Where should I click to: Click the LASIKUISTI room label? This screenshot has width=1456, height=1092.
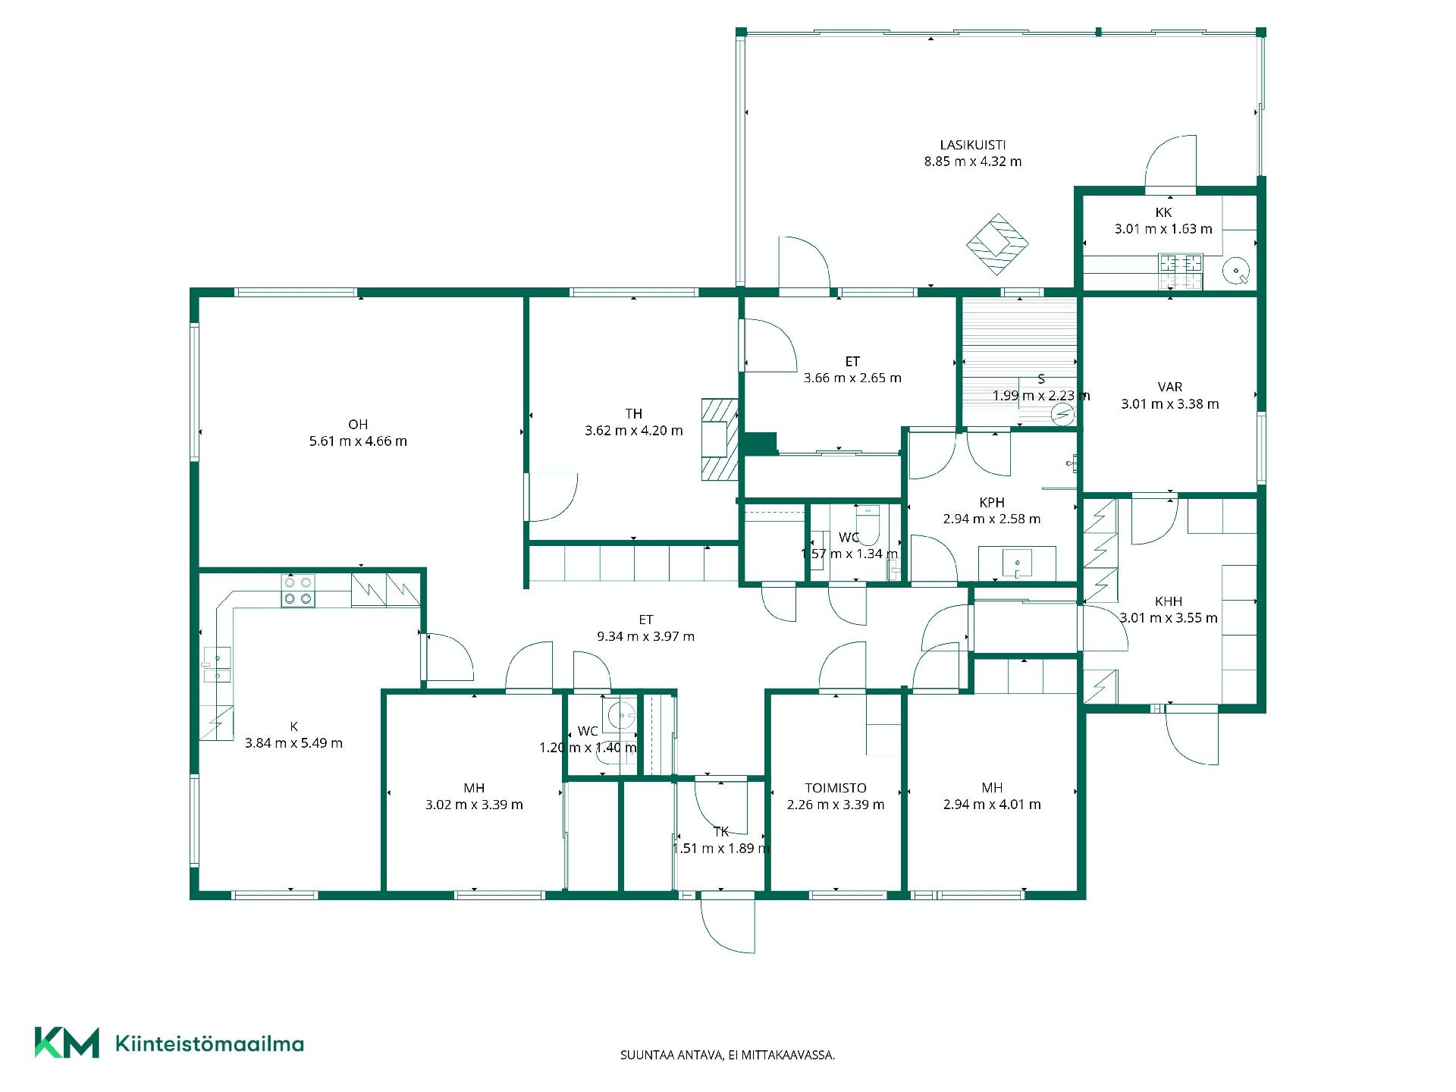tap(973, 145)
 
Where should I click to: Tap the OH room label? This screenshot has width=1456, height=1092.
tap(358, 425)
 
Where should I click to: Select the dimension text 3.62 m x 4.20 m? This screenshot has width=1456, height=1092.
tap(634, 431)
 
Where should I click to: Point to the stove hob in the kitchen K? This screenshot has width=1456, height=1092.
tap(298, 591)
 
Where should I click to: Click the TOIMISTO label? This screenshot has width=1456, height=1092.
tap(836, 788)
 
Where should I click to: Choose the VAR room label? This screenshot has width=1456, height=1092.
tap(1170, 388)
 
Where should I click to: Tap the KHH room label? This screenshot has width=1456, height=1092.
tap(1169, 601)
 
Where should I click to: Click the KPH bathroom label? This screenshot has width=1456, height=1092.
tap(992, 503)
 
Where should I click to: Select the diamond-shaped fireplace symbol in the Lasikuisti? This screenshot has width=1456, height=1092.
tap(997, 244)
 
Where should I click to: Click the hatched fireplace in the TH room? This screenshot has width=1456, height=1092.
tap(719, 439)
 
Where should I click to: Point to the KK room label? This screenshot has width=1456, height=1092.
tap(1163, 212)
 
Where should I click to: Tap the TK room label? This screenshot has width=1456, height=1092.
tap(721, 832)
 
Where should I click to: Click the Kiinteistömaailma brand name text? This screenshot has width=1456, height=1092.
tap(209, 1043)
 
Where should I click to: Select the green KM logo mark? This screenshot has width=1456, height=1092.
tap(67, 1043)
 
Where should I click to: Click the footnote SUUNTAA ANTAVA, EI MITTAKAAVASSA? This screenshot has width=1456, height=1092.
tap(728, 1055)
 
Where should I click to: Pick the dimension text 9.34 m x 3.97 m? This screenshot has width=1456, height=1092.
tap(645, 636)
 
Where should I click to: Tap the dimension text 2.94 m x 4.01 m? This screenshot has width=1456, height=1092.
tap(992, 805)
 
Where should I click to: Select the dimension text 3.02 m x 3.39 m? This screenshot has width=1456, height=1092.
tap(474, 805)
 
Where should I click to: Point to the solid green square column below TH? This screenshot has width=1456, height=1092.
tap(760, 444)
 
